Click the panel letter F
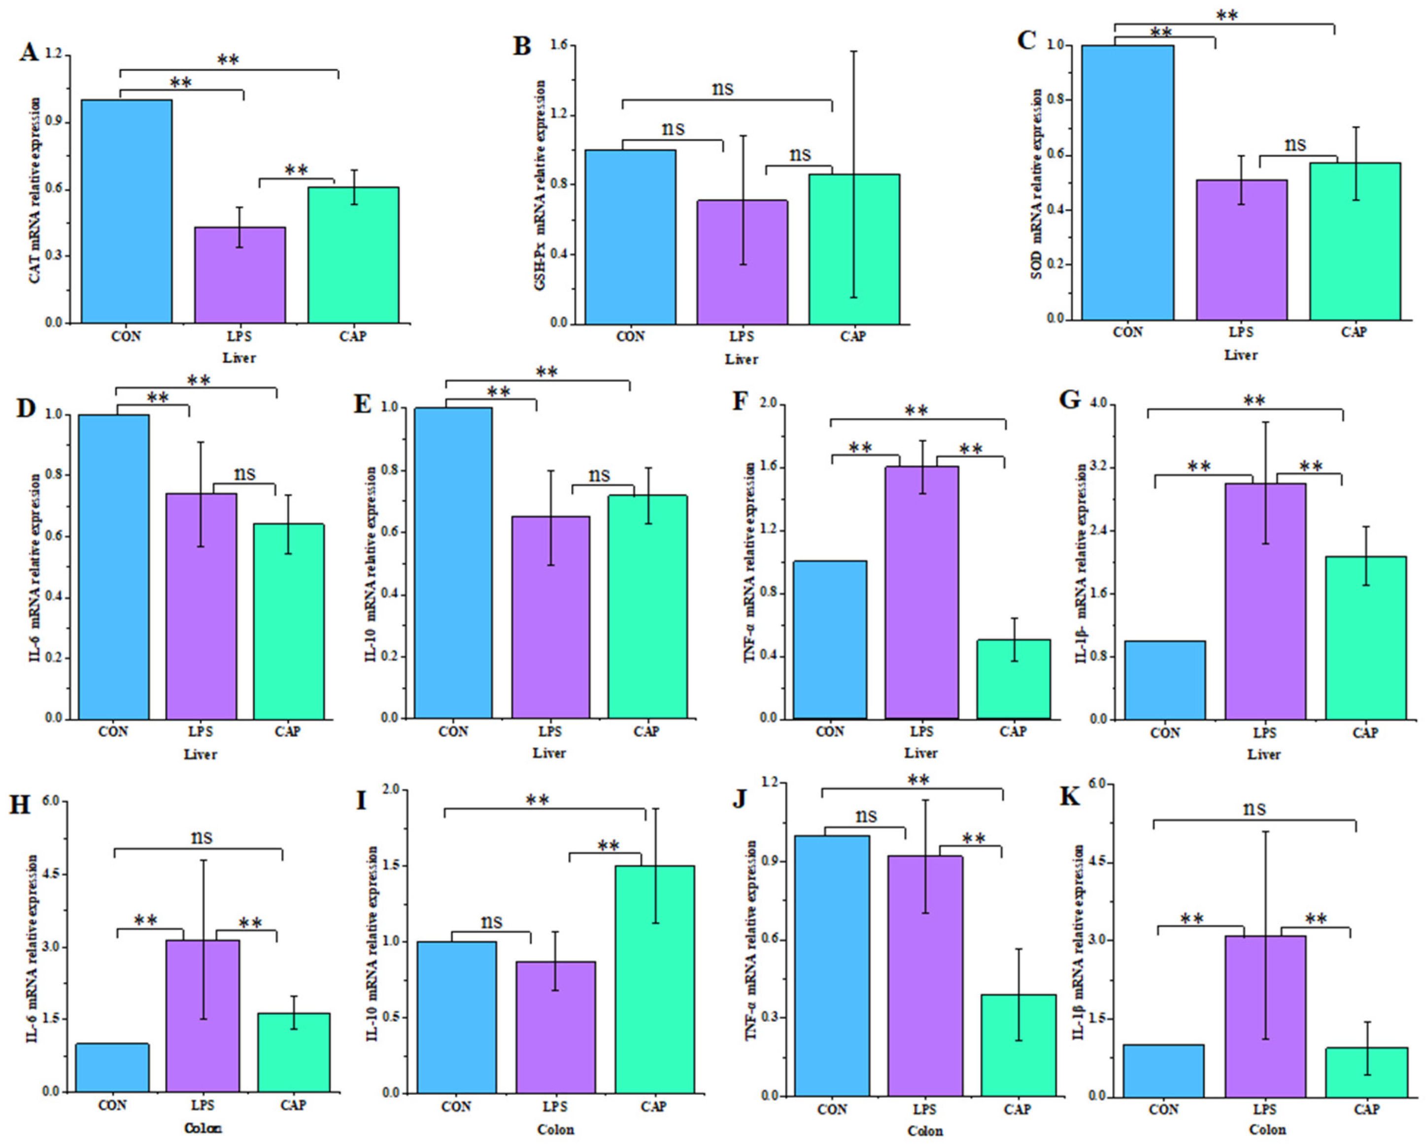740,402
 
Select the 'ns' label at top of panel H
201,837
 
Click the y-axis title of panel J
751,940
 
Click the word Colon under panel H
203,1128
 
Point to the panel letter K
1069,798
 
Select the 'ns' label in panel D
244,473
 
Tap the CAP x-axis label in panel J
1017,1109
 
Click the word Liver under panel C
1240,355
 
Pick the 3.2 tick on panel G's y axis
1100,467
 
